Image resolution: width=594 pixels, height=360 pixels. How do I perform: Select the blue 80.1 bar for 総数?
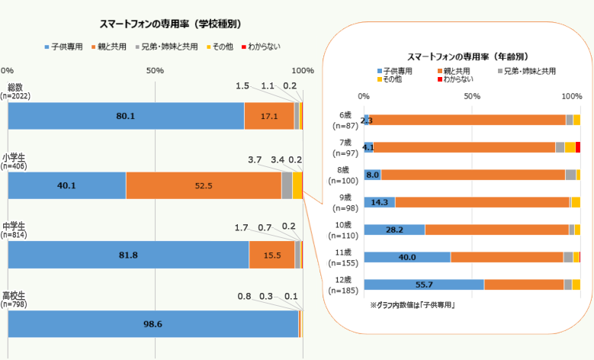pos(126,116)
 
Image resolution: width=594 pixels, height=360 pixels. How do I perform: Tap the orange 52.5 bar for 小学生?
pos(204,185)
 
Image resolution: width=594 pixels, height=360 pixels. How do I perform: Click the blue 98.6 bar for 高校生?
pos(153,323)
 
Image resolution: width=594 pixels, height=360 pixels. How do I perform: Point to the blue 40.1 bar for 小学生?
pos(66,185)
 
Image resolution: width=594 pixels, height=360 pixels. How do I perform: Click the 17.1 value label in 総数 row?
pos(268,116)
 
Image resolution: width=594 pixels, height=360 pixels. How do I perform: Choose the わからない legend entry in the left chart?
pos(262,47)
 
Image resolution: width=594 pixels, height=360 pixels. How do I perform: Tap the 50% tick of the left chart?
pos(155,70)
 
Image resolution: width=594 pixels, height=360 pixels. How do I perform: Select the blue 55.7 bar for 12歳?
pos(424,284)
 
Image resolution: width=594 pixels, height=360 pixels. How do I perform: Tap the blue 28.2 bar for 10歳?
pos(394,230)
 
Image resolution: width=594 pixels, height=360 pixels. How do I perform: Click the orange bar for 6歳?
pos(467,120)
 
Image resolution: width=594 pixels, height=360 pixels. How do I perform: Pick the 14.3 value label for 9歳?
pos(379,202)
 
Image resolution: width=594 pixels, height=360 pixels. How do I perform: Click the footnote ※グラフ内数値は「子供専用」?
pos(413,305)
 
